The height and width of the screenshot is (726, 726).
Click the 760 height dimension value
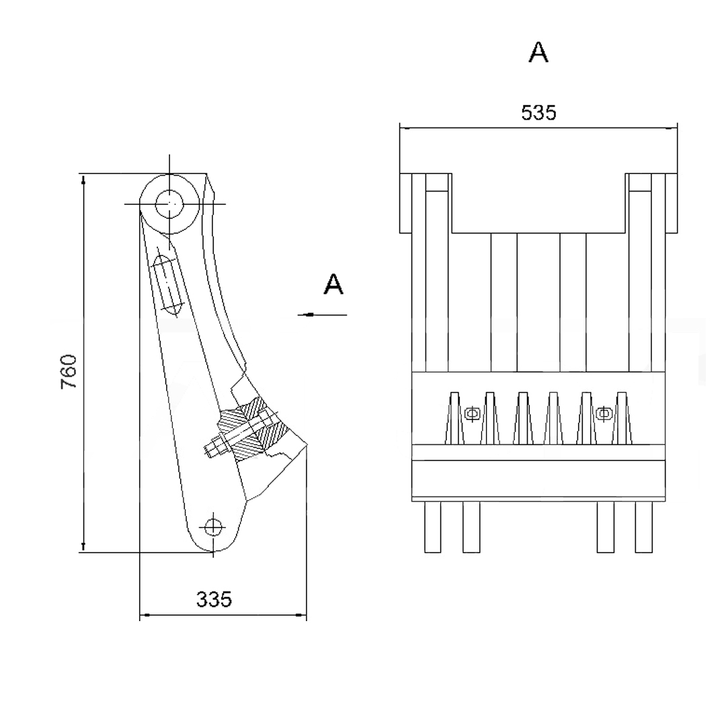(69, 371)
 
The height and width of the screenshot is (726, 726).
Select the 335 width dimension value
(214, 599)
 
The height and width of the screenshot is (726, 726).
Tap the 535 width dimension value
(538, 112)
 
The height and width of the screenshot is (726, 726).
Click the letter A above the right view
(538, 52)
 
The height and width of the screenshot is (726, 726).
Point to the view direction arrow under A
(322, 315)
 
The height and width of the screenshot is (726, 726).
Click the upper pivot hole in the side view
(169, 204)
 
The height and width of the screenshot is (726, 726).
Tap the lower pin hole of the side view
(213, 527)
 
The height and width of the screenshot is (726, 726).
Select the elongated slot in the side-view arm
(167, 284)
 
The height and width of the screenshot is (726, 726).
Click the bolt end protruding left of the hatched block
(215, 448)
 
